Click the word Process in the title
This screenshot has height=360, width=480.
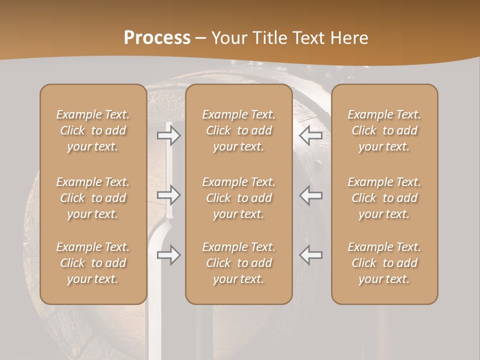pyautogui.click(x=157, y=38)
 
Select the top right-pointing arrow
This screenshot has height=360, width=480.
pyautogui.click(x=168, y=135)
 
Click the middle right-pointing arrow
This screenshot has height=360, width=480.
pyautogui.click(x=168, y=195)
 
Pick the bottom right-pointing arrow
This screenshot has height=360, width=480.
pyautogui.click(x=168, y=255)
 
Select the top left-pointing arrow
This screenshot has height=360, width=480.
pyautogui.click(x=310, y=135)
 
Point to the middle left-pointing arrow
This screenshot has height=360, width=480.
pyautogui.click(x=310, y=195)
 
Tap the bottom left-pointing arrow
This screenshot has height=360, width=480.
pyautogui.click(x=310, y=255)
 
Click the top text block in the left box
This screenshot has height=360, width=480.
pyautogui.click(x=93, y=130)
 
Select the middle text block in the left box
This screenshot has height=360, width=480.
pyautogui.click(x=93, y=198)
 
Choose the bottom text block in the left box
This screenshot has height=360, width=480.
pyautogui.click(x=93, y=263)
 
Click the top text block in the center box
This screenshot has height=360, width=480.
pyautogui.click(x=239, y=130)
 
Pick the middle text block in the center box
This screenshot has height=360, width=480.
pyautogui.click(x=239, y=198)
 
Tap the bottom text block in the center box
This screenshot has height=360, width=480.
pyautogui.click(x=239, y=263)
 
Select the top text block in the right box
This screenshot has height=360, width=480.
pyautogui.click(x=384, y=130)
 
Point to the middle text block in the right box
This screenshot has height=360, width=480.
pyautogui.click(x=384, y=198)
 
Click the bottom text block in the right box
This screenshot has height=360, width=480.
pyautogui.click(x=384, y=263)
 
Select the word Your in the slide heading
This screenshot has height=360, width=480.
pyautogui.click(x=228, y=38)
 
